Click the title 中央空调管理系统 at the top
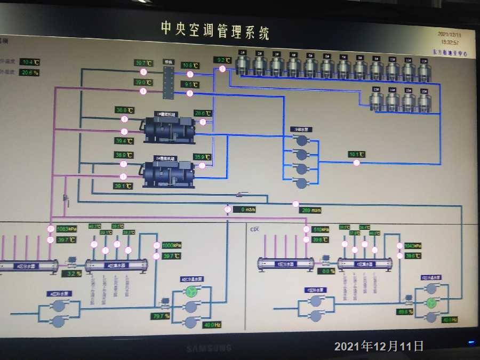(x=215, y=30)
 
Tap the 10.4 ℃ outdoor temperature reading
(x=30, y=62)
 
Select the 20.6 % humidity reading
(x=30, y=73)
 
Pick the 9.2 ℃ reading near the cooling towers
(x=222, y=60)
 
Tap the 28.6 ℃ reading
(x=203, y=113)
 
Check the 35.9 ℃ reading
(x=203, y=157)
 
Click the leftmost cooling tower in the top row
(x=243, y=63)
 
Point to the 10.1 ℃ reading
(x=356, y=155)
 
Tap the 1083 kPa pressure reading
(x=67, y=229)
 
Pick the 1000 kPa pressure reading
(x=172, y=245)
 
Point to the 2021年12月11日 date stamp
(x=379, y=346)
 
